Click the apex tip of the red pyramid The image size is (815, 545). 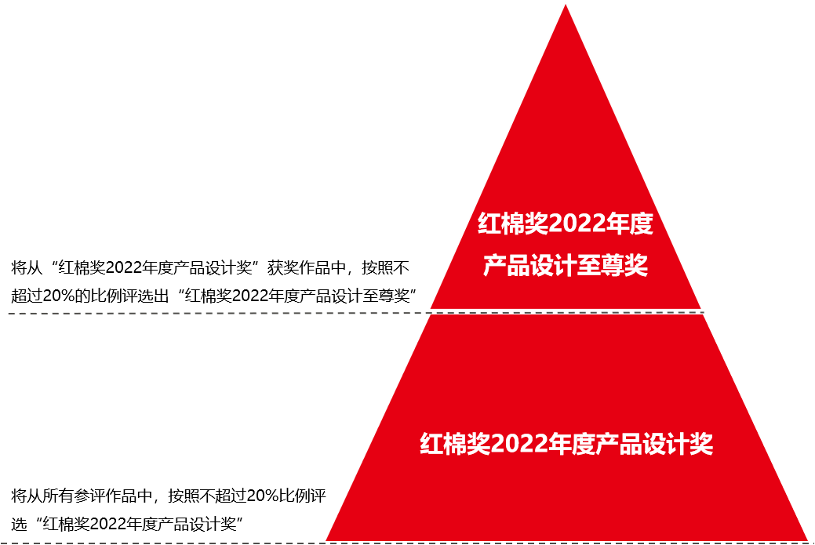tap(566, 7)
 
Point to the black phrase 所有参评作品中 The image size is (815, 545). tap(97, 496)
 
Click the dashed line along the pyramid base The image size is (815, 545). tap(157, 542)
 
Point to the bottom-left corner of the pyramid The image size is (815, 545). tap(326, 540)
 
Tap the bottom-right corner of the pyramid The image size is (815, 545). tap(807, 540)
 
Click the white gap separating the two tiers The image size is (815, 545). tap(566, 311)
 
